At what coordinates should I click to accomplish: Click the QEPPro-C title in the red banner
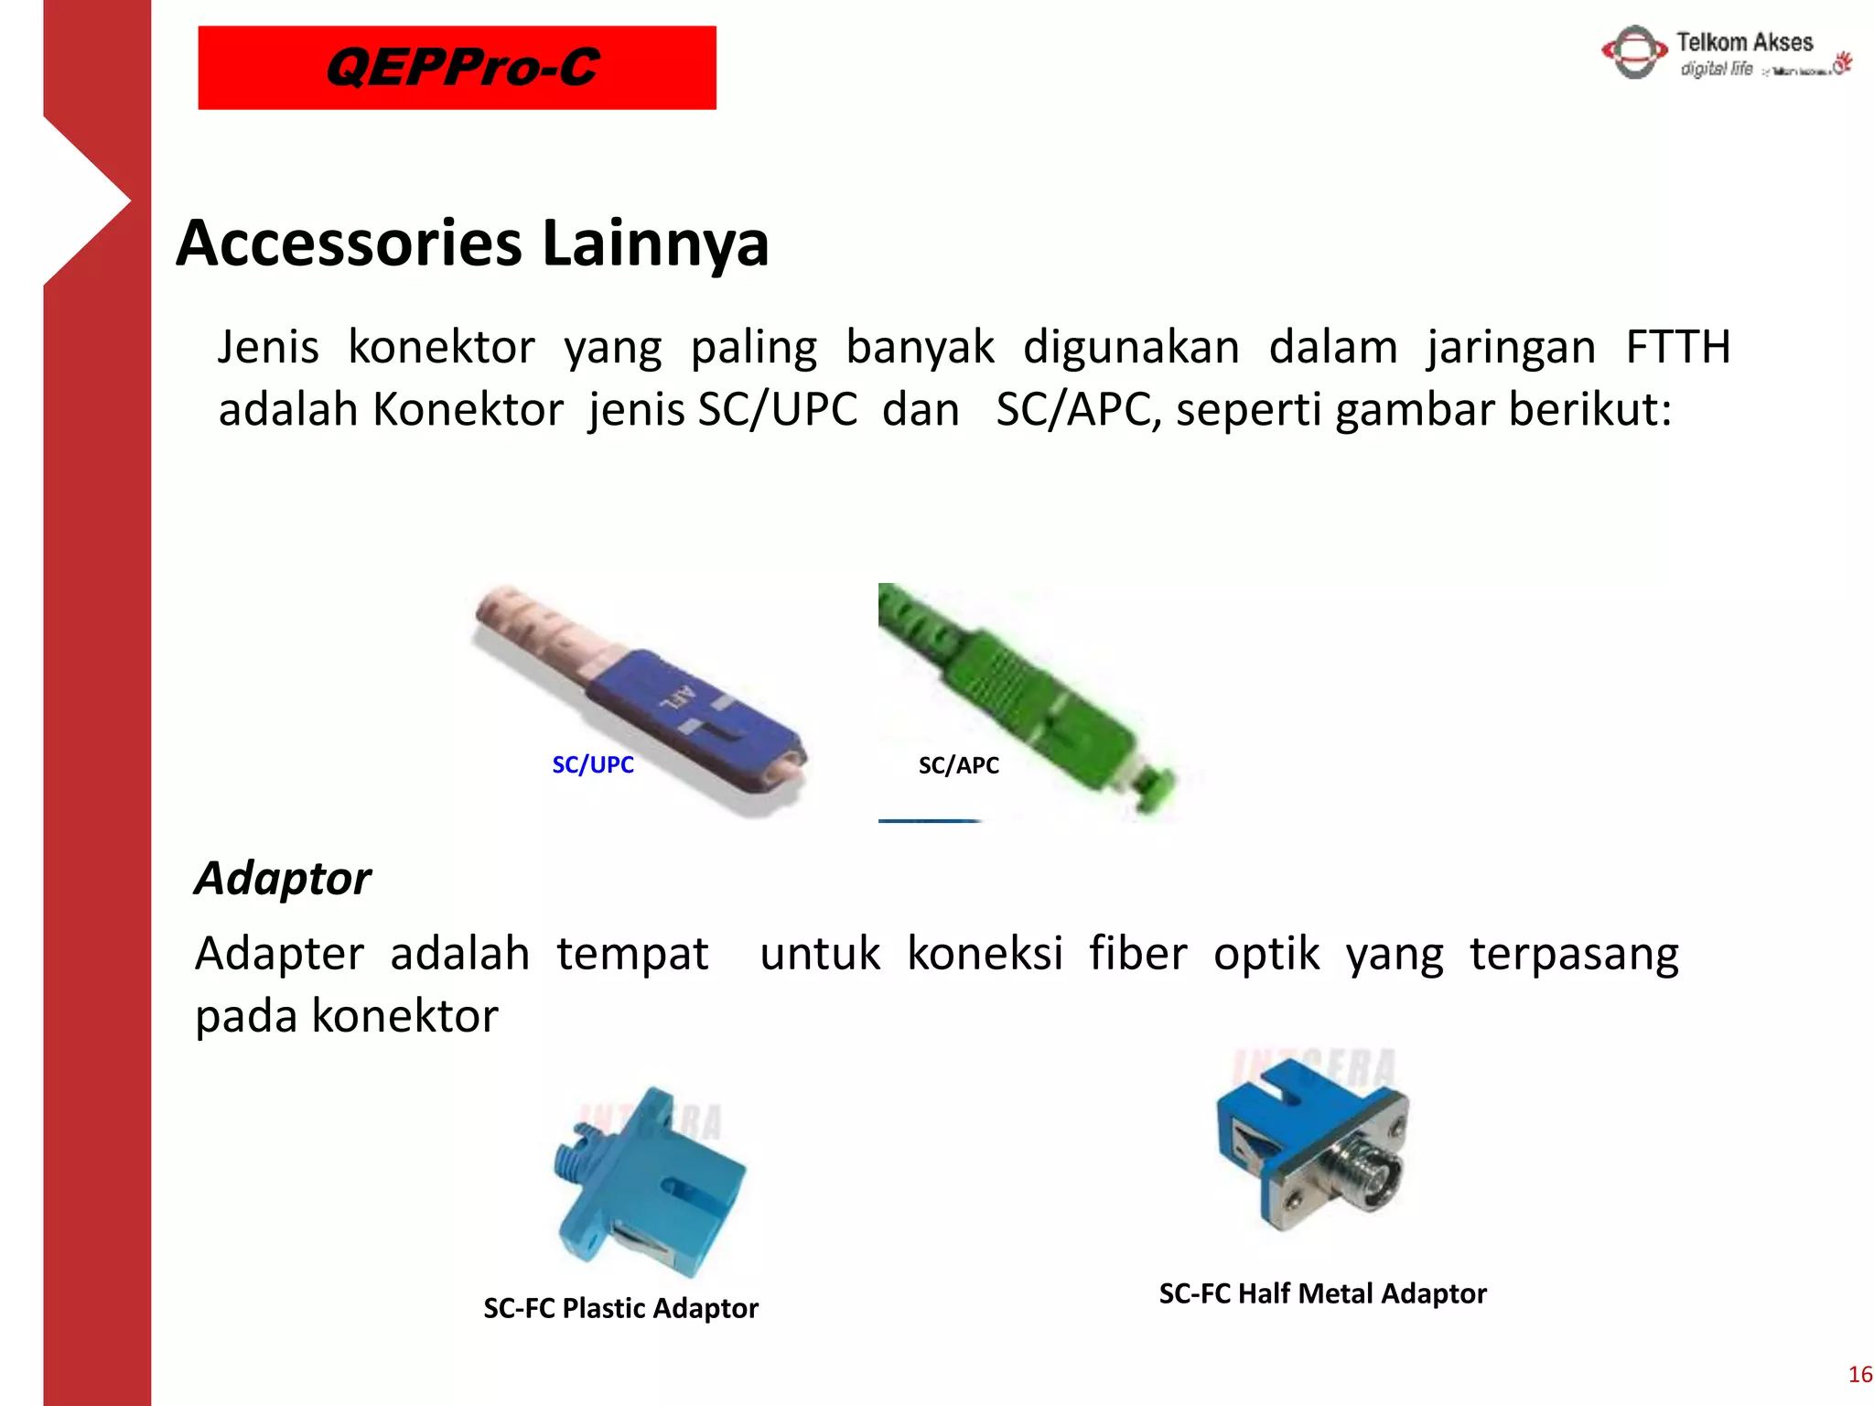coord(462,68)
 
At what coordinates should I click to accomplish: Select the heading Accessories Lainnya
coord(472,243)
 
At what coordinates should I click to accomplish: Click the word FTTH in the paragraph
coord(1677,348)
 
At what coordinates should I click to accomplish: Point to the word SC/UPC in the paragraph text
coord(777,409)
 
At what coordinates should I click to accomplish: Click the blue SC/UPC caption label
coord(592,765)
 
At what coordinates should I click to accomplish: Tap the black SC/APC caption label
coord(958,765)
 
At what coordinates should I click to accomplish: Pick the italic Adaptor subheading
coord(283,879)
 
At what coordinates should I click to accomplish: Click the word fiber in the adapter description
coord(1137,954)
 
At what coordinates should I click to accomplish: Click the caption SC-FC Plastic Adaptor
coord(620,1308)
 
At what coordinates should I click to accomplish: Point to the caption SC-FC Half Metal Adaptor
coord(1322,1293)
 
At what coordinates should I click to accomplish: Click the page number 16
coord(1859,1374)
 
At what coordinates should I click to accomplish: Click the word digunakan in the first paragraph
coord(1130,348)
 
